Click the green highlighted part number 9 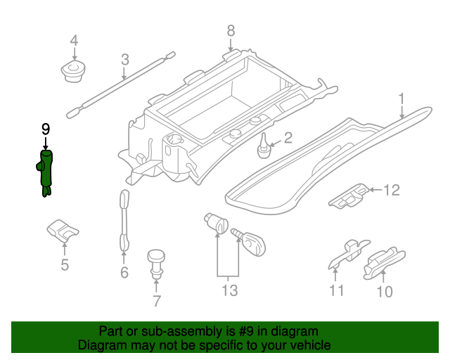[46, 172]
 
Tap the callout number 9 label [46, 129]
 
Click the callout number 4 [74, 41]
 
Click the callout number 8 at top [230, 30]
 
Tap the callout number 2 [288, 138]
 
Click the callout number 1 [401, 98]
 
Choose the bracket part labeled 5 [62, 229]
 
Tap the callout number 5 [64, 265]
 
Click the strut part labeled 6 [124, 219]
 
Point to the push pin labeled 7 [155, 261]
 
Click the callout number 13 [229, 290]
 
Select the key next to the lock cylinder [251, 243]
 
